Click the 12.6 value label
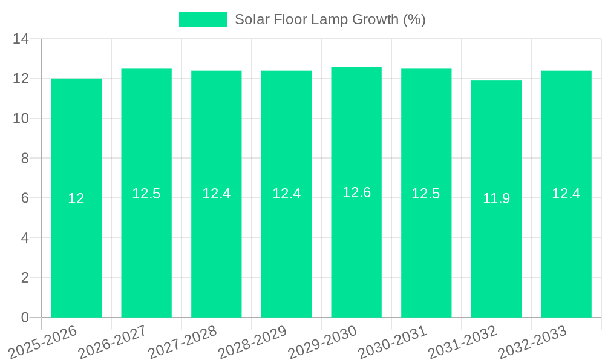click(x=356, y=192)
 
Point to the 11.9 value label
click(x=496, y=198)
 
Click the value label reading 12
click(x=76, y=198)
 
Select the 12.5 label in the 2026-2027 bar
click(x=146, y=194)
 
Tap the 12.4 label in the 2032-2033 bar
click(x=566, y=194)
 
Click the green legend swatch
click(x=203, y=19)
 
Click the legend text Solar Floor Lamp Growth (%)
click(x=330, y=19)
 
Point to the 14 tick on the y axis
click(x=21, y=39)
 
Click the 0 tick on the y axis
click(x=25, y=318)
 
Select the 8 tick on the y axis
click(x=25, y=159)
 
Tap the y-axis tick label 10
click(x=21, y=119)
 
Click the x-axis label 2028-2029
click(x=252, y=342)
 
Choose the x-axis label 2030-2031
click(x=393, y=342)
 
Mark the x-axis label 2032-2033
click(x=532, y=342)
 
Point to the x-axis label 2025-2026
click(x=43, y=342)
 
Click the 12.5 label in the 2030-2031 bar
click(x=426, y=194)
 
